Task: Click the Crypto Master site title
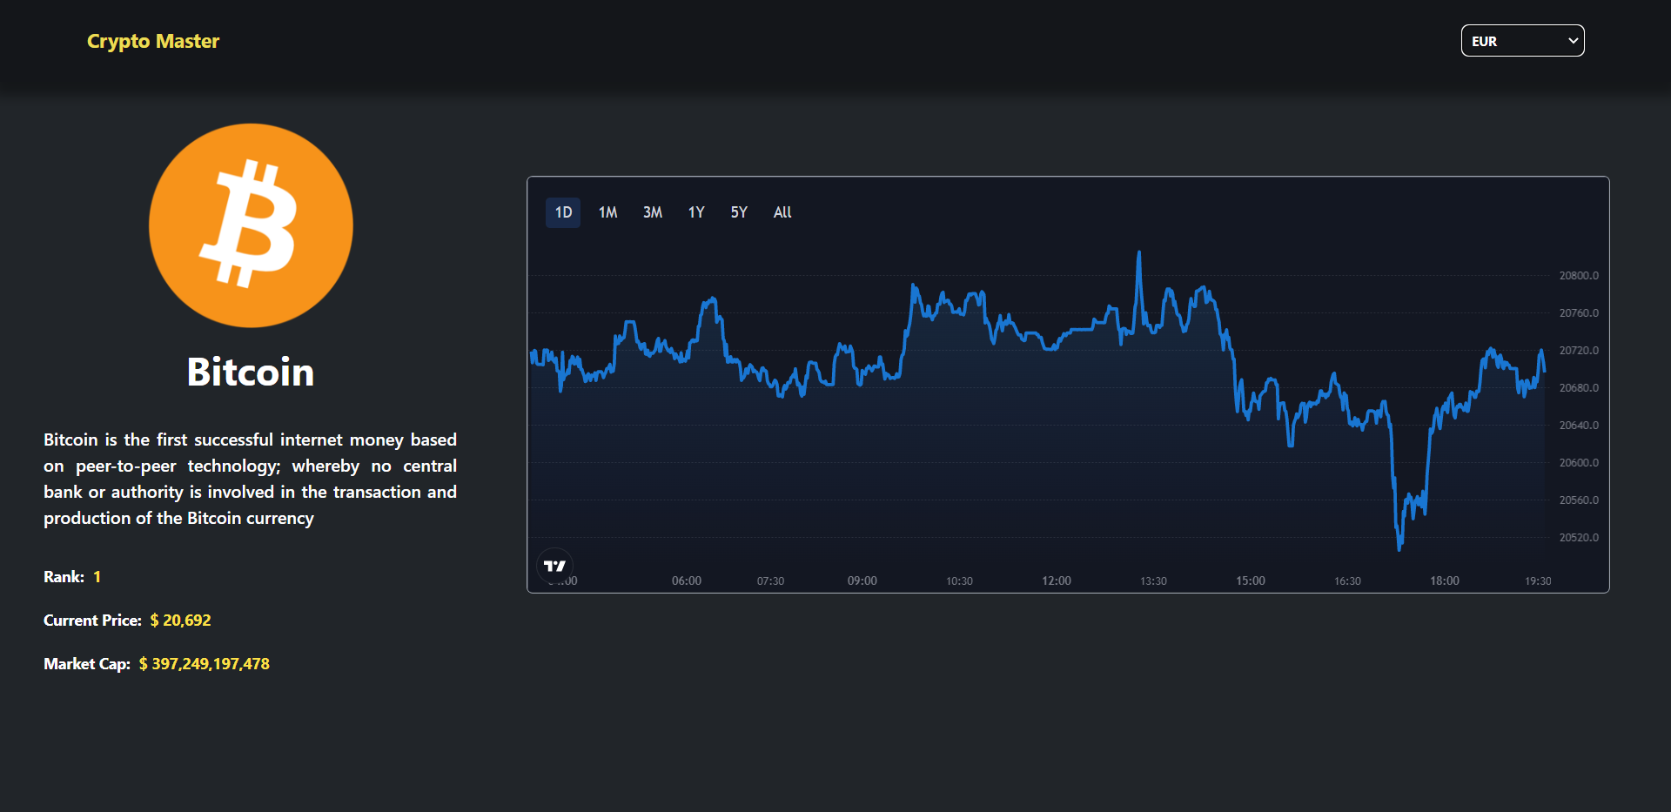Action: tap(153, 41)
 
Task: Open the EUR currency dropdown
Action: tap(1522, 41)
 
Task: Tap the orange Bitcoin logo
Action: tap(251, 225)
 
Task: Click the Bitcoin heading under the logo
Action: tap(251, 372)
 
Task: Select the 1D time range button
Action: tap(563, 212)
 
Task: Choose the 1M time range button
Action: tap(607, 212)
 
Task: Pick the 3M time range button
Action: tap(653, 212)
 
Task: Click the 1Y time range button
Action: tap(696, 212)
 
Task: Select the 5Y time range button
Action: tap(739, 212)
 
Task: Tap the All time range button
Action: tap(782, 212)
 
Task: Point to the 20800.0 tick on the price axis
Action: tap(1579, 276)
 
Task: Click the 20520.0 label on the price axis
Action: tap(1579, 538)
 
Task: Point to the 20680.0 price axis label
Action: tap(1579, 388)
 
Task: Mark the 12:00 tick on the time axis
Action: tap(1057, 580)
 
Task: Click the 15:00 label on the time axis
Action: tap(1251, 580)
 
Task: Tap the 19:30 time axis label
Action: tap(1538, 580)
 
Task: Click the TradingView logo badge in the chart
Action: tap(554, 566)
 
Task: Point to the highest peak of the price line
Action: tap(1138, 253)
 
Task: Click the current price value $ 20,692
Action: tap(180, 621)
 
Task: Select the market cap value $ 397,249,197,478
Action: tap(205, 664)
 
